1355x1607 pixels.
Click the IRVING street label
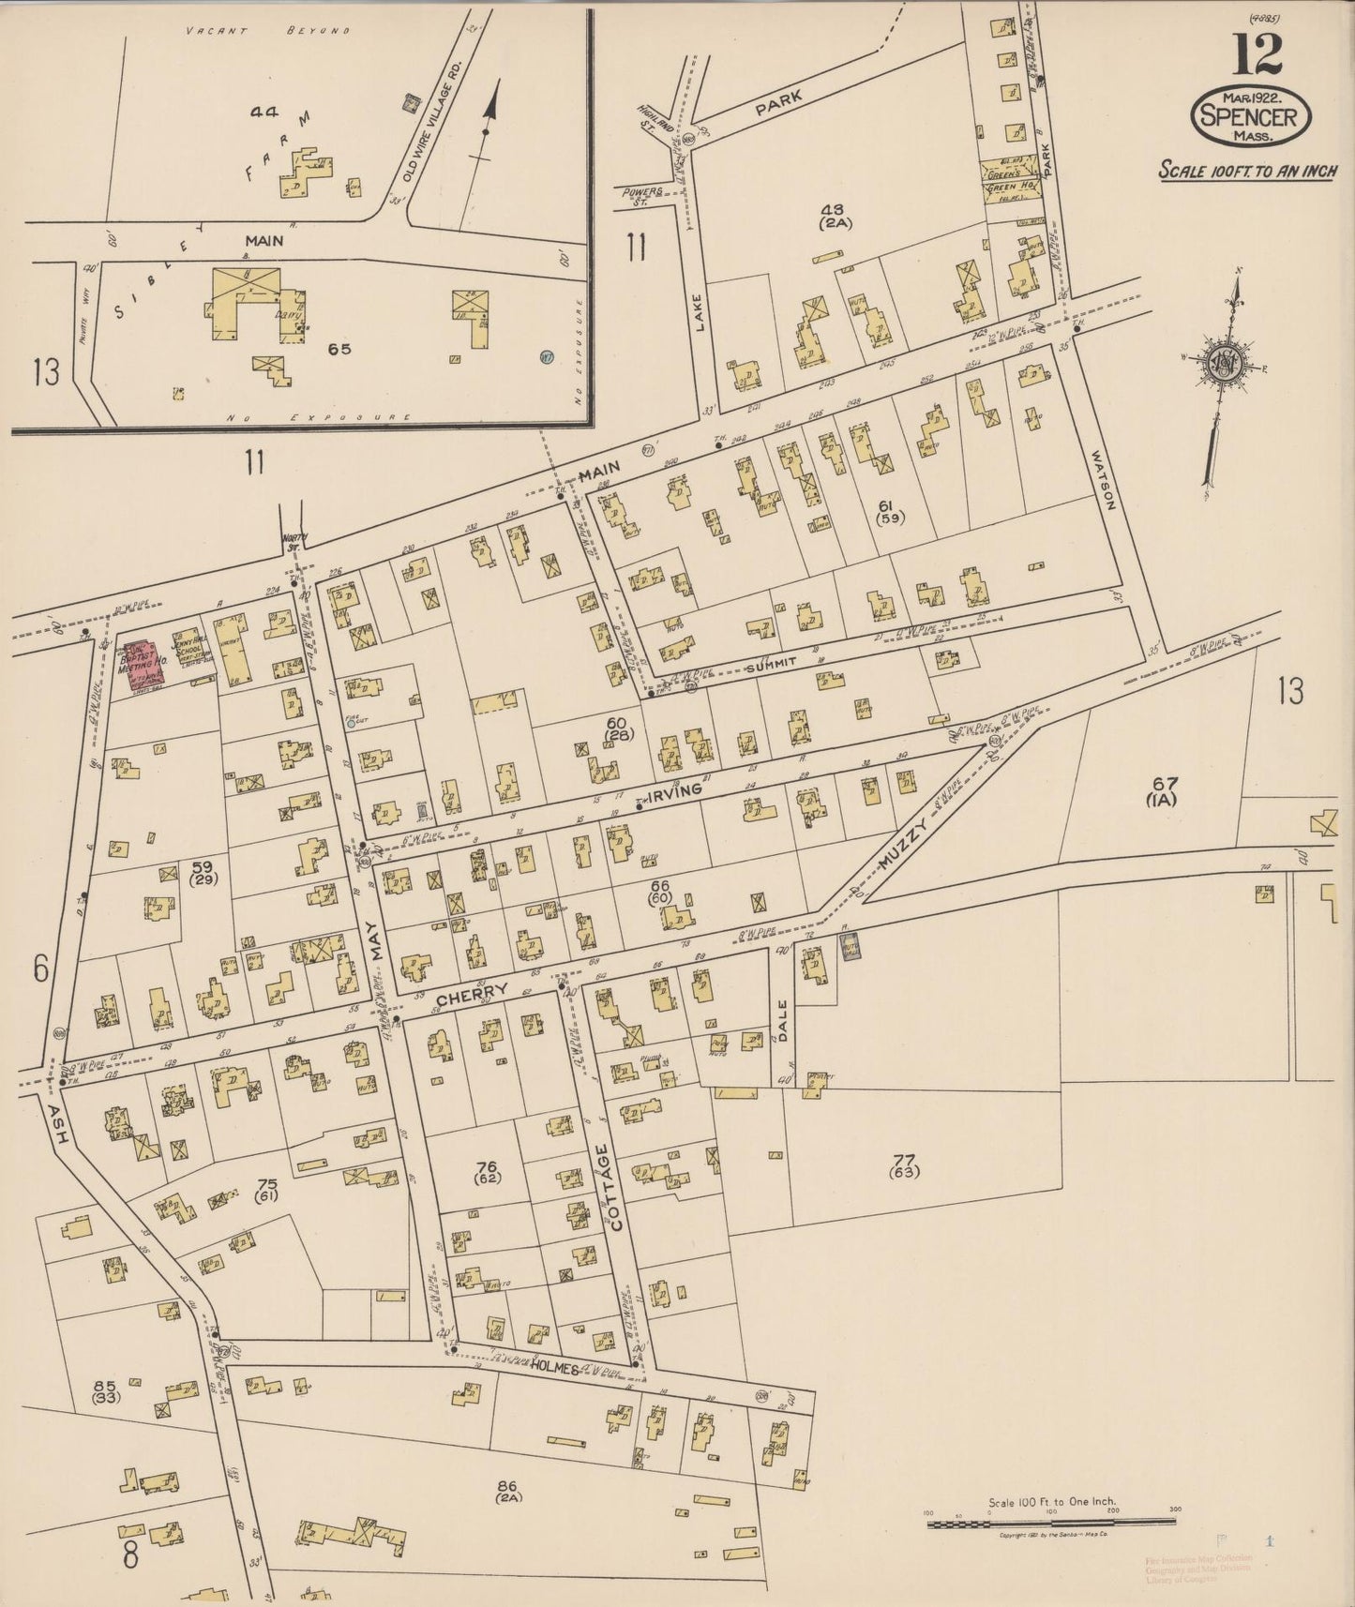click(x=675, y=792)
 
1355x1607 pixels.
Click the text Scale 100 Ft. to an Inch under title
click(x=1247, y=173)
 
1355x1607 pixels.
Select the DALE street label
click(x=785, y=1023)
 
